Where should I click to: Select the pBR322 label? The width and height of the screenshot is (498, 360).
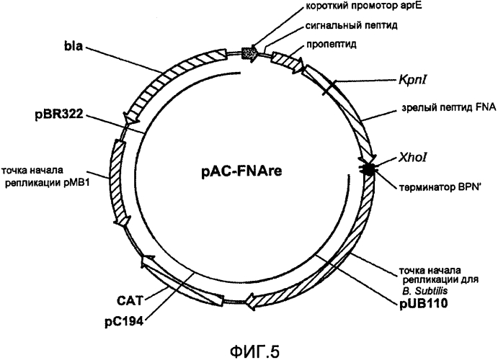pos(59,114)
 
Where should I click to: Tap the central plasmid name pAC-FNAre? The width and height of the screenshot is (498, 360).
pos(241,171)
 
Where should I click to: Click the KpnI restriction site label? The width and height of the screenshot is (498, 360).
pos(412,80)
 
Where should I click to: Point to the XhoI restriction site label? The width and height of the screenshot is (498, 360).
pos(412,158)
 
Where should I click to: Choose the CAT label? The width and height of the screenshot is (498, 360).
pos(130,300)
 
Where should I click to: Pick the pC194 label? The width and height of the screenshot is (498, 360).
pos(124,322)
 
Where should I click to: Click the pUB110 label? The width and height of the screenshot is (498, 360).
pos(424,304)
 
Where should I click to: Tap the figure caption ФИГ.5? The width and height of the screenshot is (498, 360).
pos(254,351)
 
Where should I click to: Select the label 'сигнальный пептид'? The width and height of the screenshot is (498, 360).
pos(352,25)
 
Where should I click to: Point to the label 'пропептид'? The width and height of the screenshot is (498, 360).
pos(332,44)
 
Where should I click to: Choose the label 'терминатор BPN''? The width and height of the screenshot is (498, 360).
pos(440,187)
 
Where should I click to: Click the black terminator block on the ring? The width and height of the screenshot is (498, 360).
pos(368,168)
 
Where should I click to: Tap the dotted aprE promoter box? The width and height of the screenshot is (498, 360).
pos(249,53)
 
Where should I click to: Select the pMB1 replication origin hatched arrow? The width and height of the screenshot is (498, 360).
pos(118,183)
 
